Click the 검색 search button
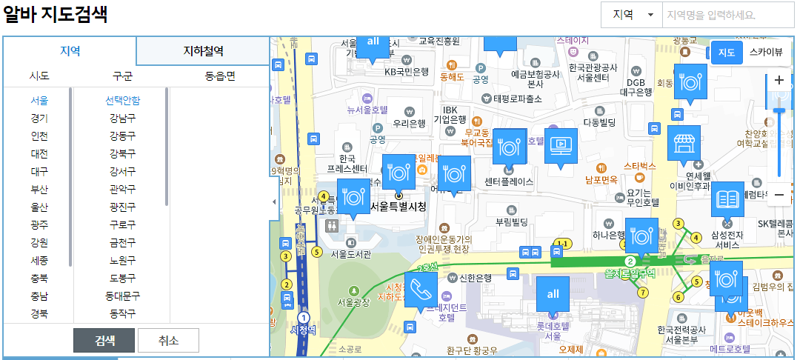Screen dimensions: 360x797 [x=104, y=340]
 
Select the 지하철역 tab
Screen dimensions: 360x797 [x=203, y=51]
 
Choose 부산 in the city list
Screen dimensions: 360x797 [x=39, y=189]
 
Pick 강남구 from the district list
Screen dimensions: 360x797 [x=122, y=118]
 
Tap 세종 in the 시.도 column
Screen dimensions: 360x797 [x=39, y=260]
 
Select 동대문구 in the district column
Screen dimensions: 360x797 [x=122, y=296]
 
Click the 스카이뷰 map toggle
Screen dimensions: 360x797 [x=765, y=52]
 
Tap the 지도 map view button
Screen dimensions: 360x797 [x=726, y=52]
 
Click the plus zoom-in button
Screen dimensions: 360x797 [x=778, y=80]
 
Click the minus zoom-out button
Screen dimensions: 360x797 [x=778, y=195]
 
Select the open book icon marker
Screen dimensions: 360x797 [x=727, y=199]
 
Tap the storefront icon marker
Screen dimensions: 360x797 [x=684, y=143]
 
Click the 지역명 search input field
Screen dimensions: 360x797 [x=727, y=15]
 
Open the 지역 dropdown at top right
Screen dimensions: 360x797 [x=631, y=15]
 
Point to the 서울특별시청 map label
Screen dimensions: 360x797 [x=398, y=207]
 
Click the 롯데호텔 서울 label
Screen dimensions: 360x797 [x=553, y=330]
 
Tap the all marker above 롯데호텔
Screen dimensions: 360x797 [x=553, y=294]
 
